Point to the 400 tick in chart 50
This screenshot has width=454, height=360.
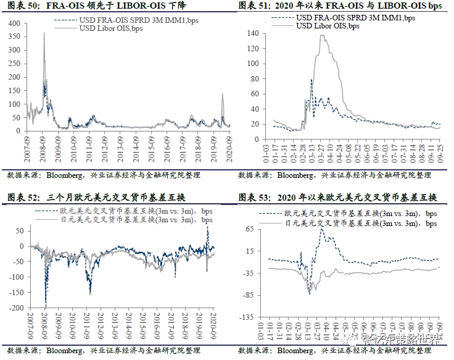pyautogui.click(x=15, y=23)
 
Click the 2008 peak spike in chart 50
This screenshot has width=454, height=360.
pyautogui.click(x=44, y=33)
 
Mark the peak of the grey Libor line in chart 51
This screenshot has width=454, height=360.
pyautogui.click(x=323, y=36)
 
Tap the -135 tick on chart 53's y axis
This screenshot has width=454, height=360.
pyautogui.click(x=249, y=317)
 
